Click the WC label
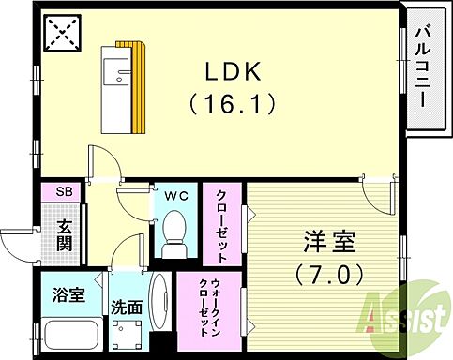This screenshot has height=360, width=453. tap(176, 197)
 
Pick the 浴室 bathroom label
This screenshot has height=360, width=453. tap(68, 295)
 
